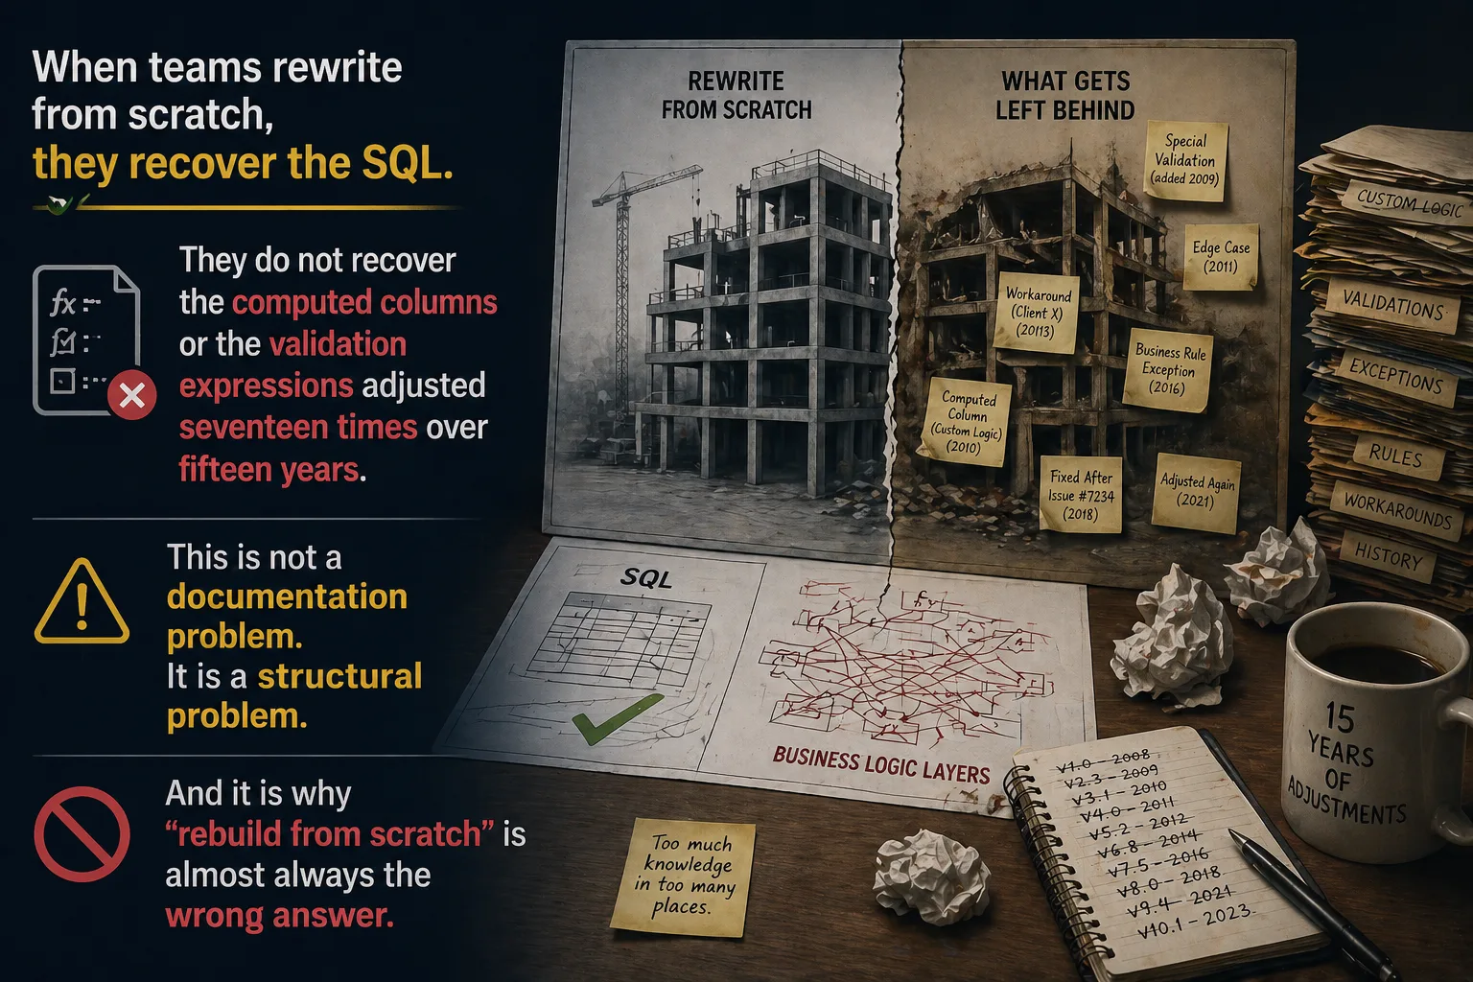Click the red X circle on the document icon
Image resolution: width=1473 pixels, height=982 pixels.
point(131,395)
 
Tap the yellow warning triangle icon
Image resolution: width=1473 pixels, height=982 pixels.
point(82,602)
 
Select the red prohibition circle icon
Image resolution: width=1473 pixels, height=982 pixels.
point(82,834)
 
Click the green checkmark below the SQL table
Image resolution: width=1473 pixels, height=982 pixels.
point(617,718)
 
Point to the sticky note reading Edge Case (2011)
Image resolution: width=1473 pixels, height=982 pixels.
point(1221,257)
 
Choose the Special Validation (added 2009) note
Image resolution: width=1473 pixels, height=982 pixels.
point(1185,160)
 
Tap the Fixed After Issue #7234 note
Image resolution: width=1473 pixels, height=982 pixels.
point(1081,495)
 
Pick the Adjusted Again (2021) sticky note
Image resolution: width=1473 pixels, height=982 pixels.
point(1196,492)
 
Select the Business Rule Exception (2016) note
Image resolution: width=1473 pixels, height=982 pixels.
point(1169,369)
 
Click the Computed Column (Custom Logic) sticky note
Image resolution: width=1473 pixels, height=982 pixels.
point(966,422)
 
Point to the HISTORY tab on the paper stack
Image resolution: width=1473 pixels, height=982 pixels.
point(1389,557)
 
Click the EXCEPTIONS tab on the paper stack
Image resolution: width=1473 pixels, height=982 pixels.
point(1395,374)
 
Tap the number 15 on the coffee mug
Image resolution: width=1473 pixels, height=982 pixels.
point(1339,717)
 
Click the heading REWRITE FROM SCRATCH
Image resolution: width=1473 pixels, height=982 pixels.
point(736,95)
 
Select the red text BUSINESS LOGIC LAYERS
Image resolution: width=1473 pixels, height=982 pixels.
point(881,765)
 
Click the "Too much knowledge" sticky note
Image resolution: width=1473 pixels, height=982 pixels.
point(684,877)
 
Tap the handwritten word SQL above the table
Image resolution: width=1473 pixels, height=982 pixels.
point(645,578)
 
